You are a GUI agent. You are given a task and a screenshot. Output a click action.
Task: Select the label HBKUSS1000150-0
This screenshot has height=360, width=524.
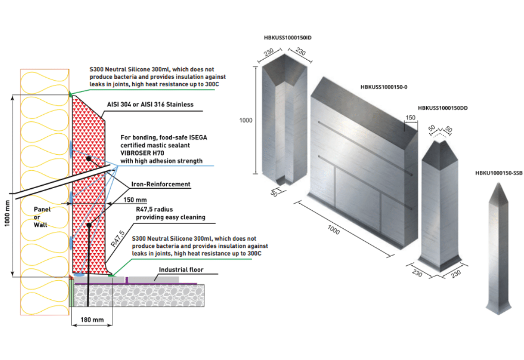pos(384,87)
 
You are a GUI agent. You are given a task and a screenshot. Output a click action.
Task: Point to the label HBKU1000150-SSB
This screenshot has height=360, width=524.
pos(498,173)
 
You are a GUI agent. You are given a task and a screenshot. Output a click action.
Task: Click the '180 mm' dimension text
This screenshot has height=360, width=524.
pos(92,320)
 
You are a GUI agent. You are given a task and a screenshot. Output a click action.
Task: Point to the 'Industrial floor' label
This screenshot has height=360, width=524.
pos(181,269)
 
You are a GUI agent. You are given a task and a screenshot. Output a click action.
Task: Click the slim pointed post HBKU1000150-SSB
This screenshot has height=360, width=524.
pos(496,247)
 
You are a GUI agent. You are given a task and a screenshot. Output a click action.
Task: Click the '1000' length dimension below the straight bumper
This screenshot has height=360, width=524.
pos(333,231)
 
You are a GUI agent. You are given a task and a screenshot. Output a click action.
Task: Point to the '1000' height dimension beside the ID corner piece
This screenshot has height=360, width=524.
pos(246,120)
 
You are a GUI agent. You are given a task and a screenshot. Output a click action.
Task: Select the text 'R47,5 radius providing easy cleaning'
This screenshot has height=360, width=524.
pos(170,213)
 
